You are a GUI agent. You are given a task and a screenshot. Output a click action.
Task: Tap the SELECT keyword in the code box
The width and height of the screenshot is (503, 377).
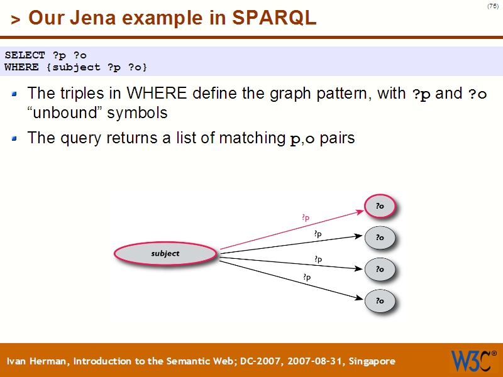coord(25,55)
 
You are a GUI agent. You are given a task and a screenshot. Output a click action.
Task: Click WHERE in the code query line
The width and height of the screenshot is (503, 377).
coord(21,67)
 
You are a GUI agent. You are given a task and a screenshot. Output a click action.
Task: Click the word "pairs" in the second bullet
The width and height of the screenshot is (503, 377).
coord(337,138)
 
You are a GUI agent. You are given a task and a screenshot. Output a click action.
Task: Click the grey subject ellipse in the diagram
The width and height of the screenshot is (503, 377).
coord(165,254)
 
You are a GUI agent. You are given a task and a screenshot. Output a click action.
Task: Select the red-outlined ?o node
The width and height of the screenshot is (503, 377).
coord(380,206)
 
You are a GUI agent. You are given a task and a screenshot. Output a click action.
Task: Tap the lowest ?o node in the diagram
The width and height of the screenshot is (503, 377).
coord(380,301)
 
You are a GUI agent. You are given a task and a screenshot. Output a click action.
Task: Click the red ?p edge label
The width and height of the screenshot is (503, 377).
coord(306,218)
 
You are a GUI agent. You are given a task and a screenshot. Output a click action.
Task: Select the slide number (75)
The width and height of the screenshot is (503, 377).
coord(492,6)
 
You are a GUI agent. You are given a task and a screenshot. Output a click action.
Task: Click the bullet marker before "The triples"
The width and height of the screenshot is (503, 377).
coord(15,95)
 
